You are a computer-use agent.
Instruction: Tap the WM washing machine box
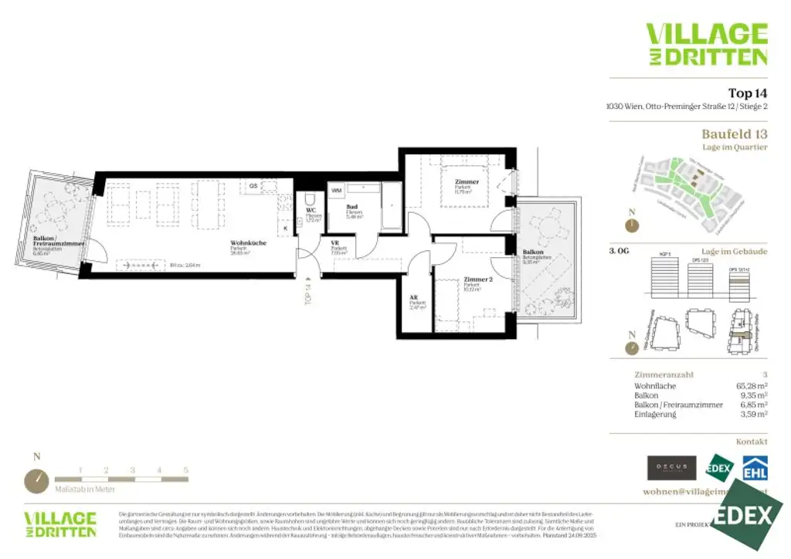337,190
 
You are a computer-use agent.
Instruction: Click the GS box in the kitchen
253,186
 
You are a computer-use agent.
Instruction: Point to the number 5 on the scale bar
186,469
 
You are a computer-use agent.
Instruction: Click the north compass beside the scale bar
36,481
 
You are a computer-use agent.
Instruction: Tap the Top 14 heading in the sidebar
748,93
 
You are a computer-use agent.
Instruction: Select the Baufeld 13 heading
734,134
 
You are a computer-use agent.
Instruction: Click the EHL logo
755,467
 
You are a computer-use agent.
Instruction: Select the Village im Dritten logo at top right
707,44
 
